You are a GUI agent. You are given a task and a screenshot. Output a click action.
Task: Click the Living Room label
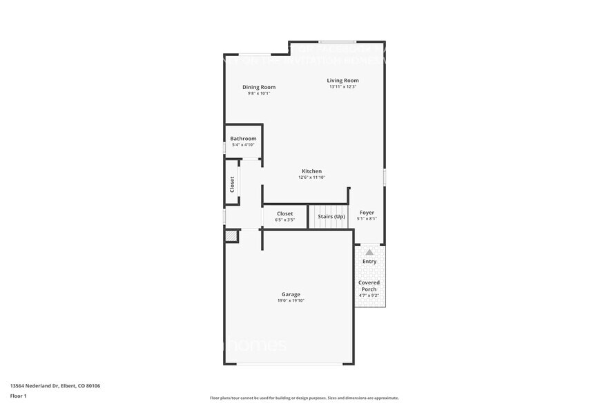[342, 81]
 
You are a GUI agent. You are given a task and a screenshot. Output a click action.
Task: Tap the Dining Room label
[259, 87]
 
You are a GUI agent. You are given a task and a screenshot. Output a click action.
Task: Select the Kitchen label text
[311, 171]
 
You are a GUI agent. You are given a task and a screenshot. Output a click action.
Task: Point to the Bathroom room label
[243, 139]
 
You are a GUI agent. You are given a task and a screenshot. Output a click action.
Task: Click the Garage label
[291, 294]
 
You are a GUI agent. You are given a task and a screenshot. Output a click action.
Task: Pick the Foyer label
[367, 213]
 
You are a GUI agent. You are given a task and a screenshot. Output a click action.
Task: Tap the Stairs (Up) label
[331, 217]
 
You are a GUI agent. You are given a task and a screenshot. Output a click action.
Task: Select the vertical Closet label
[232, 184]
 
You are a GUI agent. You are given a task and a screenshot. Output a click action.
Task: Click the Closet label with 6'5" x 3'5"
[285, 214]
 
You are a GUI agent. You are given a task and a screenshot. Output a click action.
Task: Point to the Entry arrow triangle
[369, 253]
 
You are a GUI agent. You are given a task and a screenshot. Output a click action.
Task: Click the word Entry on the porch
[369, 262]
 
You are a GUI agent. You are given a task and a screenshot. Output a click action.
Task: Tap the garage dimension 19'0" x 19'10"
[291, 300]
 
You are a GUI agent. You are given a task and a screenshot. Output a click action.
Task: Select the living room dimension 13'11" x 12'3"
[342, 87]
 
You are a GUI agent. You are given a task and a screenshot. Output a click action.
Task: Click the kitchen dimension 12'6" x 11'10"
[311, 177]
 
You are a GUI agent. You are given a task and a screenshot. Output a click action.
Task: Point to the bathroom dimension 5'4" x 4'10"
[243, 145]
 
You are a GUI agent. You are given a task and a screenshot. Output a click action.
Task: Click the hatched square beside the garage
[231, 236]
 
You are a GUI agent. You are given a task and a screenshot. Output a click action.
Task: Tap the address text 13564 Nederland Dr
[55, 386]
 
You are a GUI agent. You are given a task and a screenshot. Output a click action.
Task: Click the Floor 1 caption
[18, 396]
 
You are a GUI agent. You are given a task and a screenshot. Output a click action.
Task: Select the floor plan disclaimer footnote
[304, 398]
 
